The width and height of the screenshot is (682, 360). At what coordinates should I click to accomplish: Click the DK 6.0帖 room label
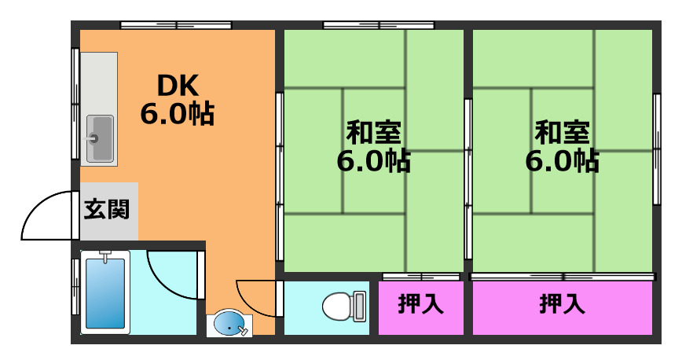coord(177,99)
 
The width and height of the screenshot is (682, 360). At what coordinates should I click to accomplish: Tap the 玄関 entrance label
coord(108,211)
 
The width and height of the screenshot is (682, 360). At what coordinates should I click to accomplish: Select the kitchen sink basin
coord(99,138)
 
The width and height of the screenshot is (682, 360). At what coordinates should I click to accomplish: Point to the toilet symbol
coord(338,305)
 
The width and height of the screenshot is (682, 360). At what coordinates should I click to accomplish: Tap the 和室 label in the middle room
coord(373,130)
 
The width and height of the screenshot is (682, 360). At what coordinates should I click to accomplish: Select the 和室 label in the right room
coord(562,130)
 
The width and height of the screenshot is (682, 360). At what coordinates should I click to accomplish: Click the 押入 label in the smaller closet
coord(420,304)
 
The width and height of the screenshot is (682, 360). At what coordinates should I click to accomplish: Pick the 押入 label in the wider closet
coord(562,304)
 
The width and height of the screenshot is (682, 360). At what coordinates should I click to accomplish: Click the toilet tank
coord(359,305)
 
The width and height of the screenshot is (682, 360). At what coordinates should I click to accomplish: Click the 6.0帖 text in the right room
coord(562,161)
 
